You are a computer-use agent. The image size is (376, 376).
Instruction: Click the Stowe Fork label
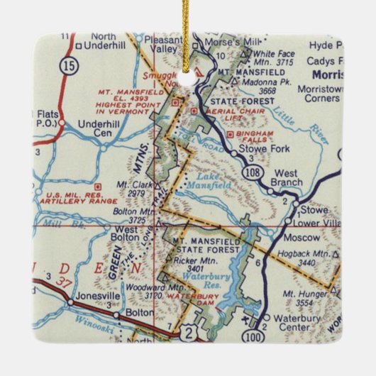pos(267,150)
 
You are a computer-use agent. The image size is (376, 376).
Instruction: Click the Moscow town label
pos(302,238)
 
